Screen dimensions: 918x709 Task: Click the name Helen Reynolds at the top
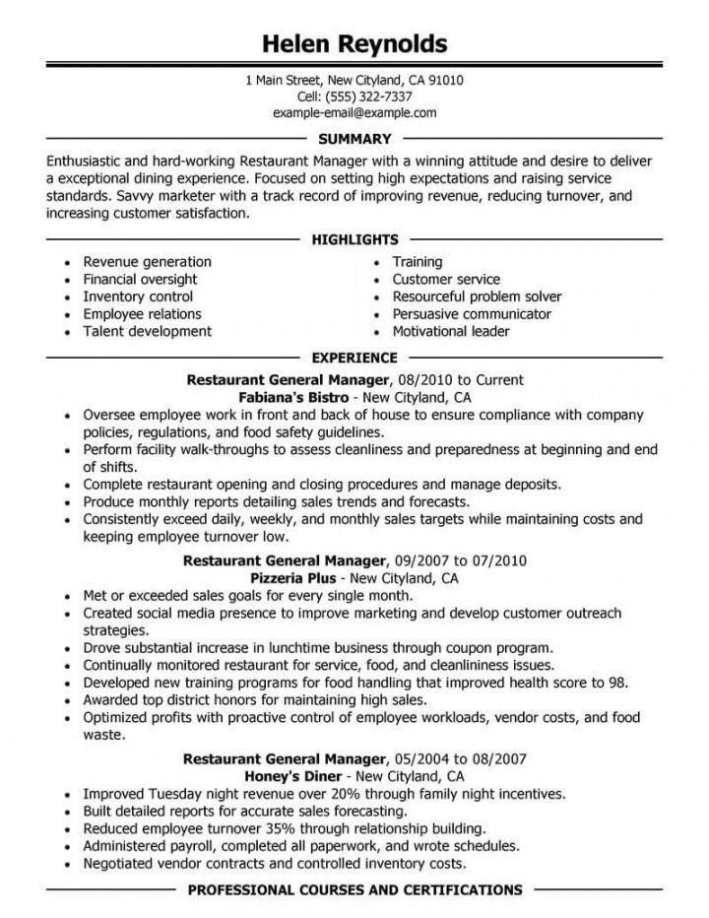(x=354, y=44)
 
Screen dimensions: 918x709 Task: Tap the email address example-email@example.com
(x=354, y=113)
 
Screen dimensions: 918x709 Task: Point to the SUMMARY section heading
(x=354, y=139)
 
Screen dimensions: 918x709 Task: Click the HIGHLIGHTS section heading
(x=354, y=239)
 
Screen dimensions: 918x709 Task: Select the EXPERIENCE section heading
(x=354, y=357)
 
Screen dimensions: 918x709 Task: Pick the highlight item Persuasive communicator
(x=472, y=314)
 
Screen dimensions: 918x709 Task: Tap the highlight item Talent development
(x=147, y=332)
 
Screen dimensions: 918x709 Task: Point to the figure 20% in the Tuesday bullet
(x=333, y=793)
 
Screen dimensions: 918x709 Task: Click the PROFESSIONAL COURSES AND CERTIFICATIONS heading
(x=354, y=890)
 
